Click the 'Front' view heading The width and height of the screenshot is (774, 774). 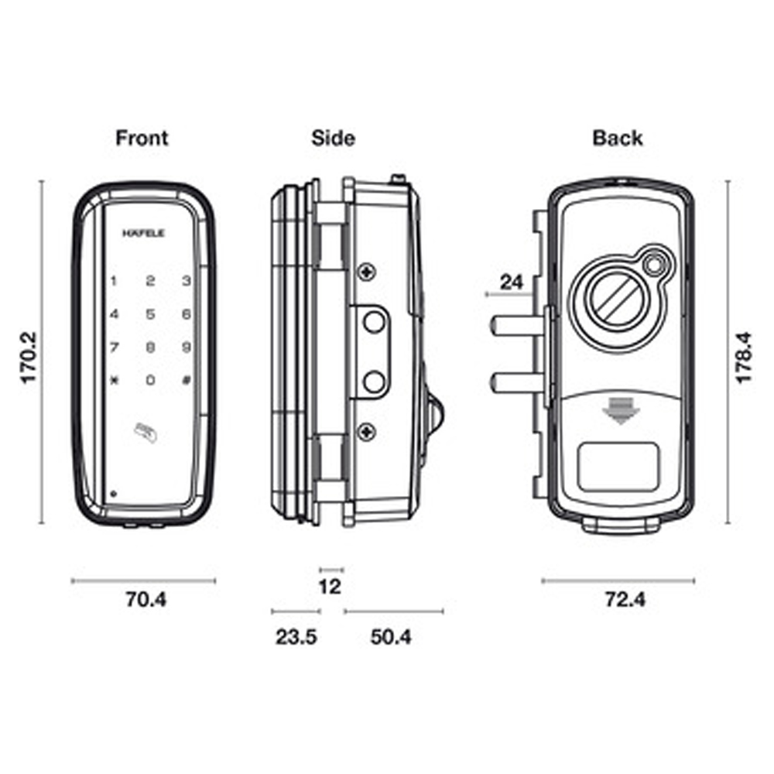pyautogui.click(x=142, y=139)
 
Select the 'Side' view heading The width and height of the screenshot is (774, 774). pyautogui.click(x=333, y=139)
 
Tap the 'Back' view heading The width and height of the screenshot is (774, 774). pyautogui.click(x=617, y=139)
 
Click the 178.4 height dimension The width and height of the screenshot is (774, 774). pyautogui.click(x=744, y=358)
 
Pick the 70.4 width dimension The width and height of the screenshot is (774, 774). pyautogui.click(x=145, y=599)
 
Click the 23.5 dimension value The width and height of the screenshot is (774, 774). pyautogui.click(x=296, y=637)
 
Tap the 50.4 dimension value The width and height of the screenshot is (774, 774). pyautogui.click(x=391, y=637)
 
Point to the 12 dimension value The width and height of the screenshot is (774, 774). pyautogui.click(x=330, y=587)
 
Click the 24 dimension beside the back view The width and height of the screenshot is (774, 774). pyautogui.click(x=511, y=282)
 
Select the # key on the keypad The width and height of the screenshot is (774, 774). pyautogui.click(x=186, y=380)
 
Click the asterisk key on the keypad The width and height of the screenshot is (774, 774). pyautogui.click(x=114, y=380)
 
